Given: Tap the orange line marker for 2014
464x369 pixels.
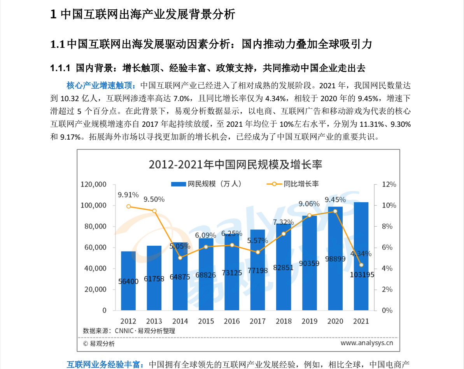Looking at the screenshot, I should (180, 258).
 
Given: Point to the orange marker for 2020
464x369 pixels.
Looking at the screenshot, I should (335, 211).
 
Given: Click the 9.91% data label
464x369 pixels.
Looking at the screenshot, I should (128, 194).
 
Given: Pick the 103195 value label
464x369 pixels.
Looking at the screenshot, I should (361, 275).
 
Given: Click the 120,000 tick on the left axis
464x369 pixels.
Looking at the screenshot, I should (93, 184).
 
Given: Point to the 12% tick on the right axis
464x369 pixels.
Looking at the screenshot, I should (389, 184).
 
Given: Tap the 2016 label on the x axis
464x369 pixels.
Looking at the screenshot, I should (232, 321).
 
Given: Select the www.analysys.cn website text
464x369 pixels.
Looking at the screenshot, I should (367, 343).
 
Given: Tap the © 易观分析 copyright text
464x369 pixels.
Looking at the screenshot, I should (99, 343).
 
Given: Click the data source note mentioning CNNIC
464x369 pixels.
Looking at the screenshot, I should (129, 331).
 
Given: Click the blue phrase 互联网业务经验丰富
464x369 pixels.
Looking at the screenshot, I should (105, 365).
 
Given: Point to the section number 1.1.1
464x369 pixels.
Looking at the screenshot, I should (60, 68).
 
